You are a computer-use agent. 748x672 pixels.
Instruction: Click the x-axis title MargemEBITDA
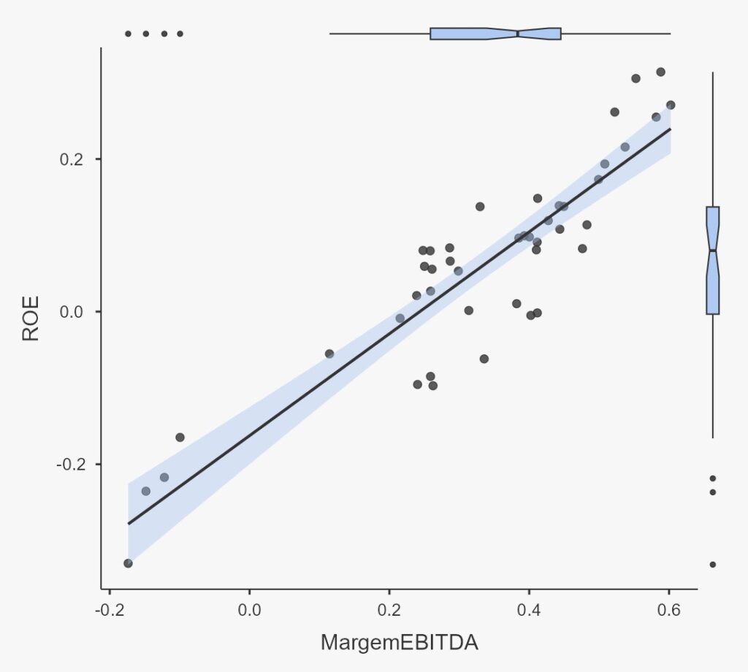(399, 643)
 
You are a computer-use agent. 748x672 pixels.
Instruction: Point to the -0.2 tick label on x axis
(109, 610)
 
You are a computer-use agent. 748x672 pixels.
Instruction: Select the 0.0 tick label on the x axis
(249, 610)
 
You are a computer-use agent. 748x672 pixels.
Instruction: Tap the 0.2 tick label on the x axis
(389, 610)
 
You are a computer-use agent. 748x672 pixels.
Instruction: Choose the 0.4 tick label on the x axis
(529, 610)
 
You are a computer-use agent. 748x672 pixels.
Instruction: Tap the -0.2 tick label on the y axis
(68, 465)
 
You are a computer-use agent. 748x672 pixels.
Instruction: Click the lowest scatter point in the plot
(128, 563)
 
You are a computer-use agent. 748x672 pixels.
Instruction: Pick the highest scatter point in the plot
(660, 72)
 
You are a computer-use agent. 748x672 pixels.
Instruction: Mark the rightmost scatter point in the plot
(671, 105)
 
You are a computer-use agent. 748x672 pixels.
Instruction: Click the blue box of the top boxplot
(467, 34)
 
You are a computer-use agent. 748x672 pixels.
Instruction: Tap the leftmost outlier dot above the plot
(128, 34)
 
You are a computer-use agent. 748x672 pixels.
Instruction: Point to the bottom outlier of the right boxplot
(713, 565)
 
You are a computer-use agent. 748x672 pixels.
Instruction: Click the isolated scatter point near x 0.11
(329, 354)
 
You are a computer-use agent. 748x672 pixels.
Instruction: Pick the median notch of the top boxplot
(518, 34)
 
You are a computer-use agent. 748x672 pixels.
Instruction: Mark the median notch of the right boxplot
(713, 251)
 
